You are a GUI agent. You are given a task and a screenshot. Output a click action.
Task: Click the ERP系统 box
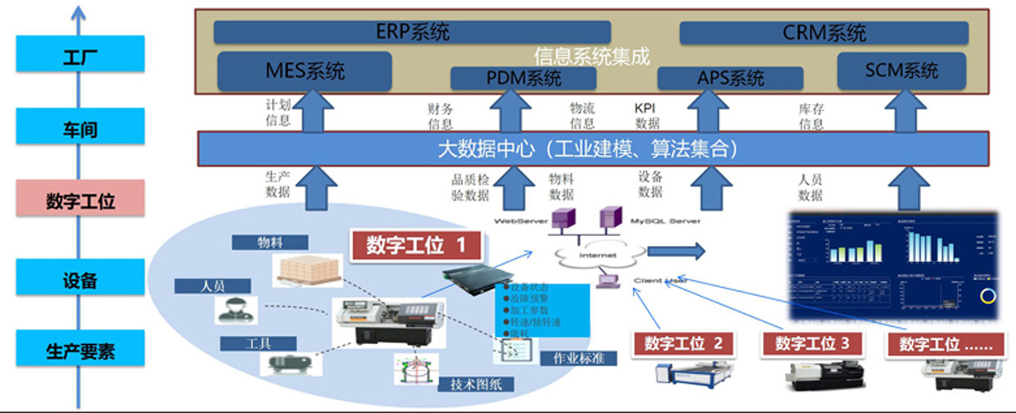click(413, 33)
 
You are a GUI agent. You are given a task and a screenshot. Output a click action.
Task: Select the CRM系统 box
click(823, 33)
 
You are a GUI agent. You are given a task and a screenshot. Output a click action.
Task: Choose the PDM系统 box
click(524, 79)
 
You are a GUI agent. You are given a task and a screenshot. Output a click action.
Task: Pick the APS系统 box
click(730, 79)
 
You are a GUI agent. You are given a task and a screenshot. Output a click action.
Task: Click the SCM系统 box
click(901, 70)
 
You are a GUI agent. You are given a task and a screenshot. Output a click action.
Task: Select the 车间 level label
click(80, 129)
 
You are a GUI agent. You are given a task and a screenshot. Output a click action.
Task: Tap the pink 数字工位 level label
click(80, 202)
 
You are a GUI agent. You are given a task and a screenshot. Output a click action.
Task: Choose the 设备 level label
click(80, 280)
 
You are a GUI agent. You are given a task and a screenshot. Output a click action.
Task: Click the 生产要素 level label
click(80, 352)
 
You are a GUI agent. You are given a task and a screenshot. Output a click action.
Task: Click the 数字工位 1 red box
click(415, 245)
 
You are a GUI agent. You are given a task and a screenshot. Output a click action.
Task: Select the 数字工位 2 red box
click(683, 343)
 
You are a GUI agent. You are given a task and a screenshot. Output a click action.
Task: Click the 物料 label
click(270, 243)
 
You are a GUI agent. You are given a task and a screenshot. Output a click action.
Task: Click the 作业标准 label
click(578, 359)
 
